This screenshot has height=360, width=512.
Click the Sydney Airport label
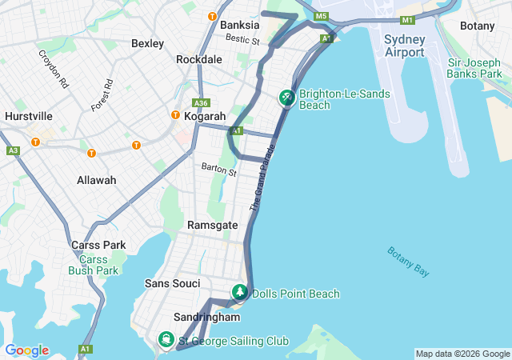404,46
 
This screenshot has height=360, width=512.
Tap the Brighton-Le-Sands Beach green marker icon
286,98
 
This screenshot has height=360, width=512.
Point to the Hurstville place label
28,116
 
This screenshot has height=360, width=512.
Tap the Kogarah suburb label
205,116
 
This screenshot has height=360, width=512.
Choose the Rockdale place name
199,60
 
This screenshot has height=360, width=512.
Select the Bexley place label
147,43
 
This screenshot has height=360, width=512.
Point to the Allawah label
96,180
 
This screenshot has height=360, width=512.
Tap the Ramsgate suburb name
212,225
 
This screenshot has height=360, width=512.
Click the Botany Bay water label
409,262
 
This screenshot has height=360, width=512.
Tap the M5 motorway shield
322,16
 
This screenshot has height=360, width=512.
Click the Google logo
27,350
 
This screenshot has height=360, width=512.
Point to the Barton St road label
219,170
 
